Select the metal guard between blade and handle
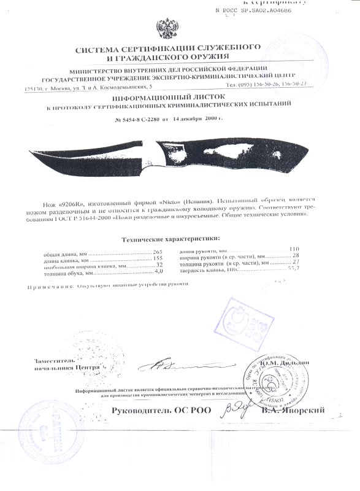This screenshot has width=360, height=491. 152,157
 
